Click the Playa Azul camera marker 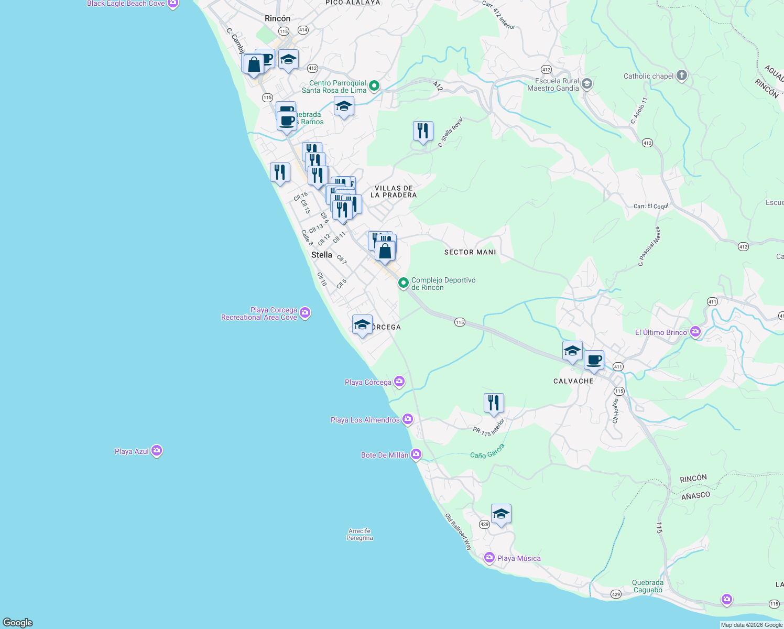click(x=156, y=451)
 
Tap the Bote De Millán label click(x=384, y=455)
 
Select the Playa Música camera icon click(x=489, y=558)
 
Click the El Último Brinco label click(x=661, y=332)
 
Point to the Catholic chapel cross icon click(x=681, y=75)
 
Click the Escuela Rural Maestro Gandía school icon click(x=587, y=84)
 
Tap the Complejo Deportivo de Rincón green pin click(x=403, y=283)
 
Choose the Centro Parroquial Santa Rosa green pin click(x=374, y=85)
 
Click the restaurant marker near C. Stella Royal click(x=423, y=131)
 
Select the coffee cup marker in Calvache click(x=594, y=361)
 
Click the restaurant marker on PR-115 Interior click(x=494, y=403)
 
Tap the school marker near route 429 click(x=501, y=514)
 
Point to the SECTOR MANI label click(x=470, y=252)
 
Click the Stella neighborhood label click(x=322, y=255)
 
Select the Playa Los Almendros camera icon click(x=408, y=419)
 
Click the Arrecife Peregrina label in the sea click(x=360, y=534)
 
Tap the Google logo click(x=18, y=622)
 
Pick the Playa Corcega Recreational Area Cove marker click(x=305, y=313)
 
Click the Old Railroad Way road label click(x=459, y=532)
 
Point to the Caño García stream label click(x=487, y=451)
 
